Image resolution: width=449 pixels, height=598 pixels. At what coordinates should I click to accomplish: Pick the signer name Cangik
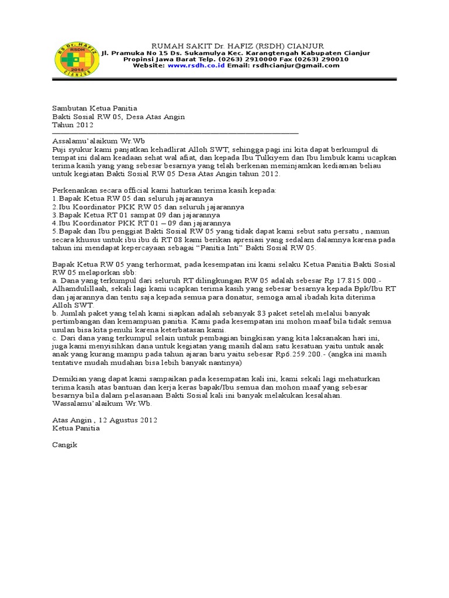[x=64, y=444]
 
